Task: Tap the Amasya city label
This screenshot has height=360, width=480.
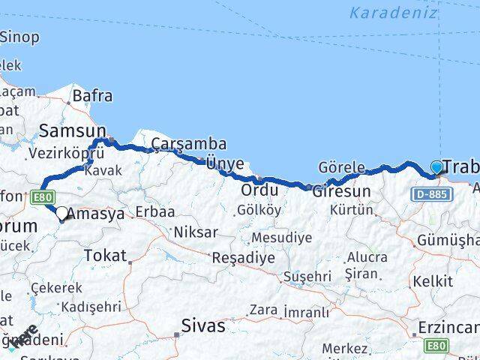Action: pyautogui.click(x=96, y=214)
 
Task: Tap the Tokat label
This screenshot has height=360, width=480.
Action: pyautogui.click(x=105, y=255)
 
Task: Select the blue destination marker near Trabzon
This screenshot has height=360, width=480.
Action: pyautogui.click(x=437, y=168)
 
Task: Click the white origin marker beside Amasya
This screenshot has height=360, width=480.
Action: pyautogui.click(x=62, y=213)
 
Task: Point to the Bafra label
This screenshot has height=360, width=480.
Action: pyautogui.click(x=93, y=96)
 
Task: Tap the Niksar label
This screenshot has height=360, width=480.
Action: pyautogui.click(x=196, y=232)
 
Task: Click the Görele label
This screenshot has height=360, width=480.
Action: pyautogui.click(x=341, y=166)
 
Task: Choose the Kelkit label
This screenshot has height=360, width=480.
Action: pyautogui.click(x=438, y=281)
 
